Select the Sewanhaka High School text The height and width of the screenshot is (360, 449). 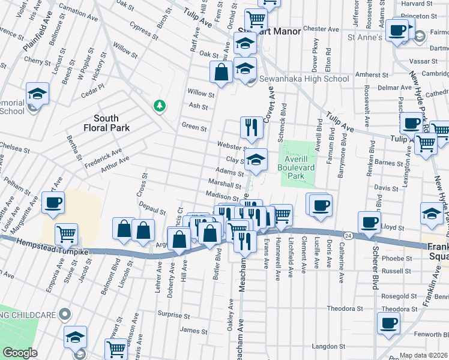304,79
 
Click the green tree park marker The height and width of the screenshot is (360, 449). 159,106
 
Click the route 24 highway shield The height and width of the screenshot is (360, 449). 348,235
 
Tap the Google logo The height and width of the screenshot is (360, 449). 20,352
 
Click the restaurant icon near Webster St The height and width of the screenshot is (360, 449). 250,127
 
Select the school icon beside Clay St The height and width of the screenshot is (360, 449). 255,159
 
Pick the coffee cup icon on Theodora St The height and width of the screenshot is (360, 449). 388,322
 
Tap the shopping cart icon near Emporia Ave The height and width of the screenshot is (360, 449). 66,233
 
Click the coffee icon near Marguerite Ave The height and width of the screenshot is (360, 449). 53,203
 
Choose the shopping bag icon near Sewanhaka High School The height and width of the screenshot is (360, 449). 221,72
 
